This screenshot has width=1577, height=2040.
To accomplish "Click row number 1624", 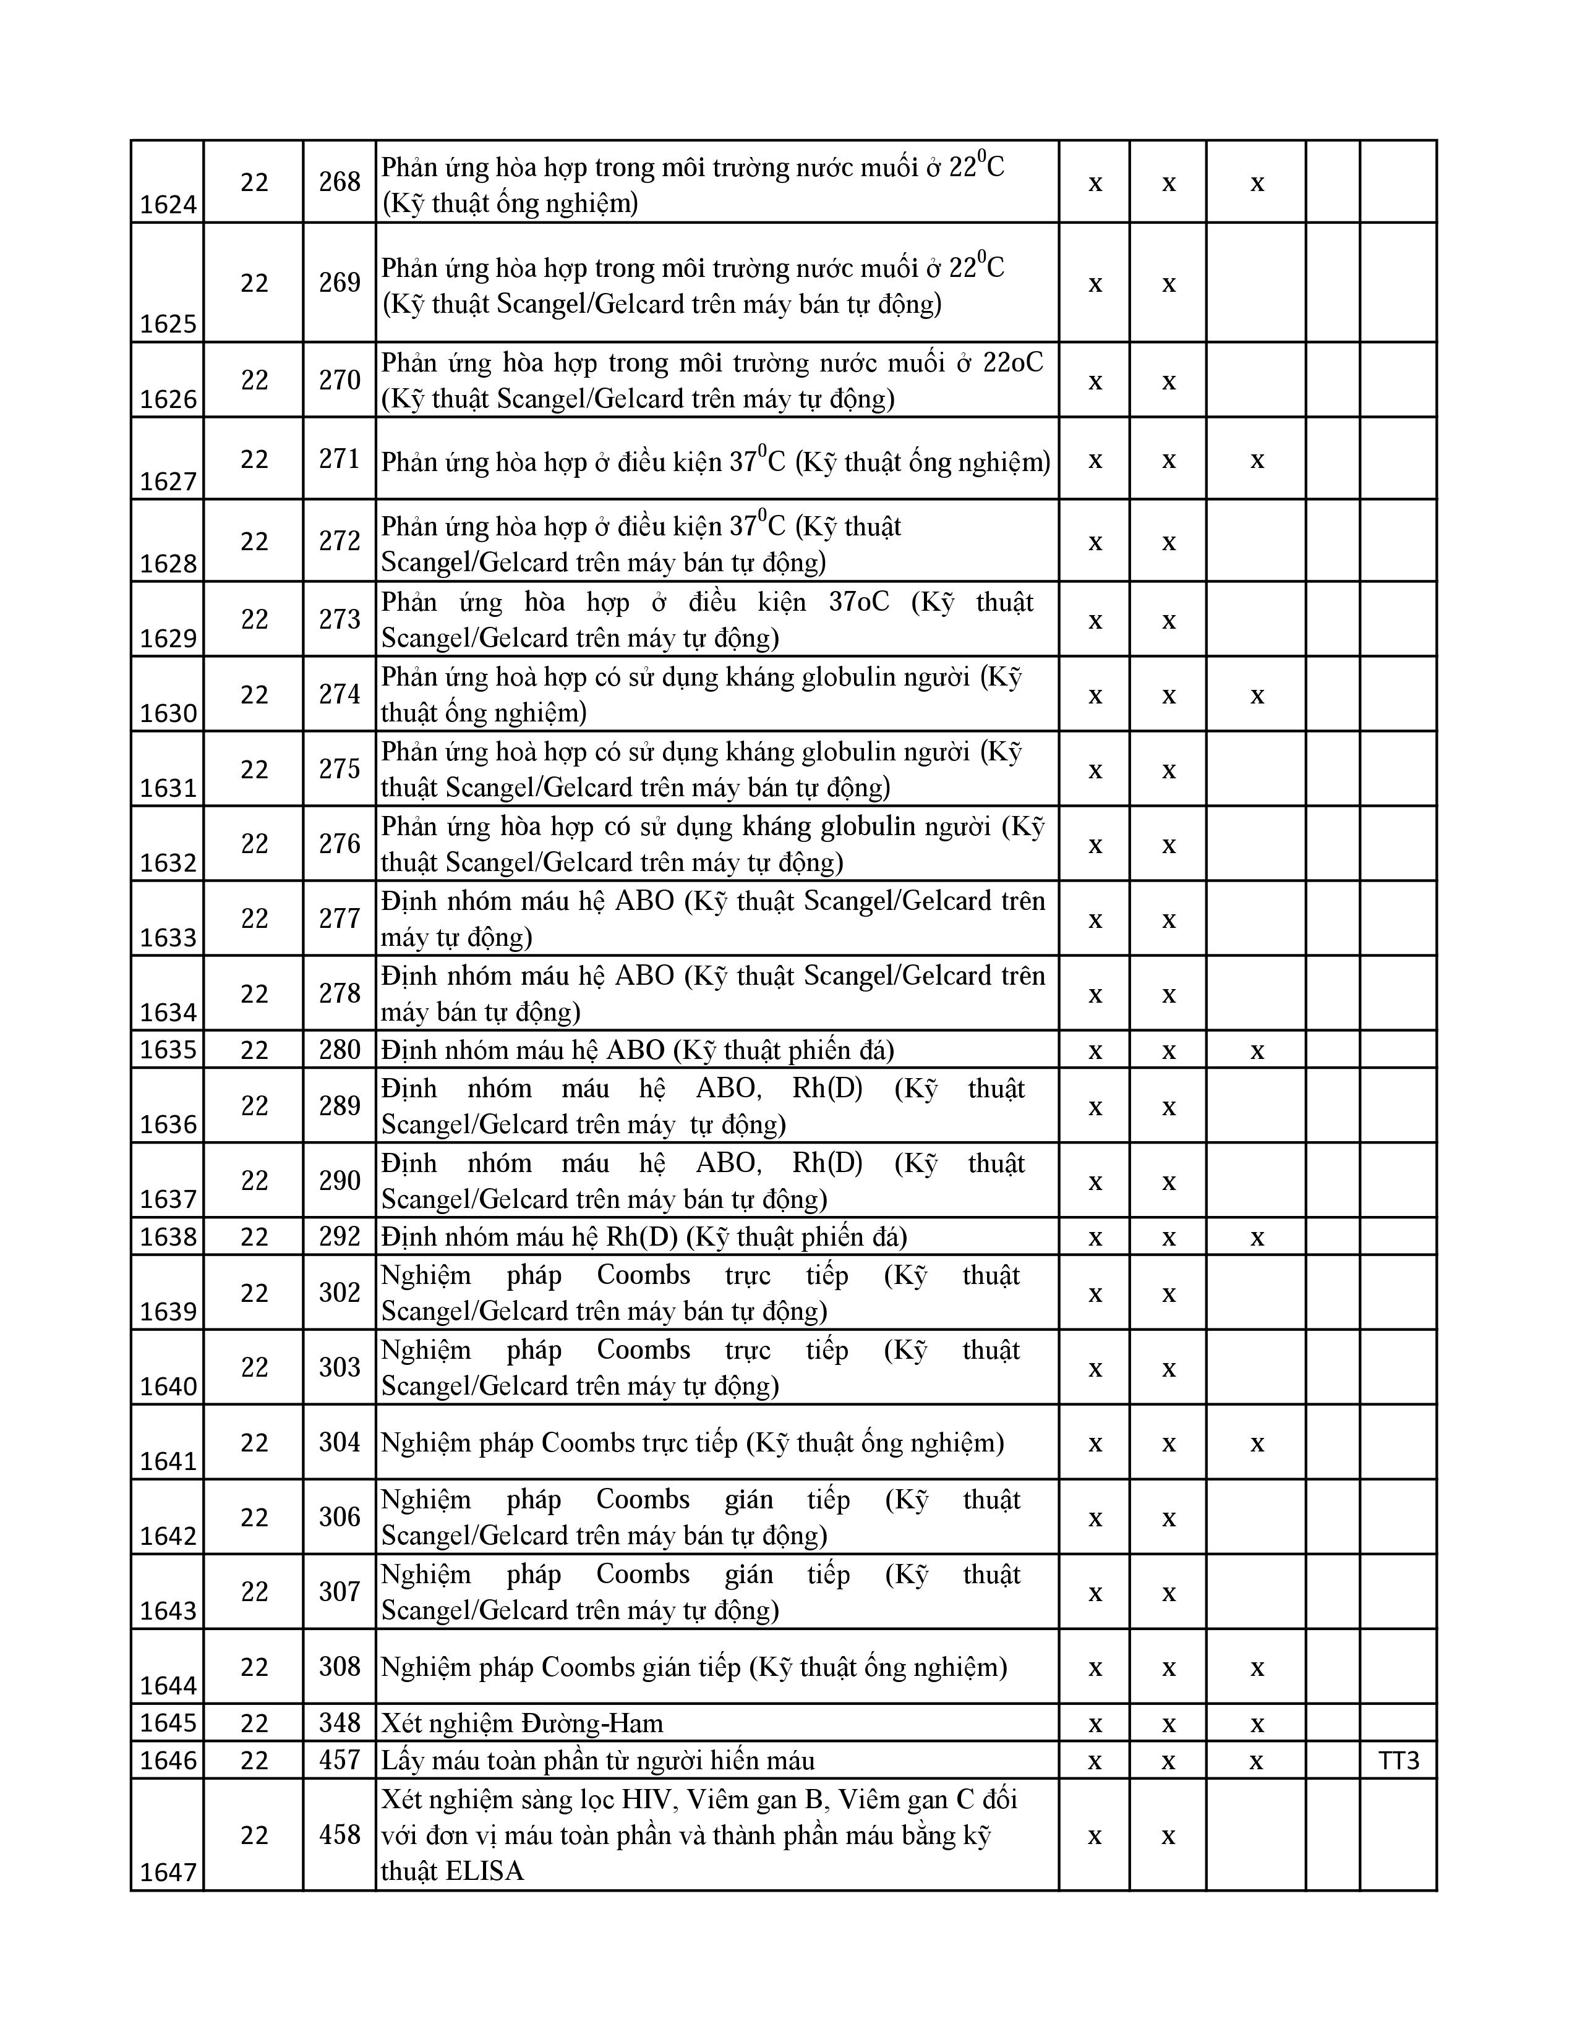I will pos(168,205).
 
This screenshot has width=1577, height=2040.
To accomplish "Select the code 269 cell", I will pos(339,282).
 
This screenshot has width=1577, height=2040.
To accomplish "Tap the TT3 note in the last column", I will pos(1398,1761).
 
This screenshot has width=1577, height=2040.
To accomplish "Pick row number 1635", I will pos(168,1050).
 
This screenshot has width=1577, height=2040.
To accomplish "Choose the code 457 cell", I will pos(339,1761).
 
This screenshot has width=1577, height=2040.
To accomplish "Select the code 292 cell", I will pos(339,1237).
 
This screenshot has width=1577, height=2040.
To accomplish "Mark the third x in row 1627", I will pos(1257,459).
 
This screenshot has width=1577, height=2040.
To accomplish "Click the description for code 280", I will pos(637,1050).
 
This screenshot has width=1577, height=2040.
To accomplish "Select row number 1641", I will pos(168,1461).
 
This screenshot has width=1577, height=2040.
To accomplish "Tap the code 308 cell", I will pos(339,1667).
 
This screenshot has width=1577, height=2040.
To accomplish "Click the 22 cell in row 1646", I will pos(254,1761).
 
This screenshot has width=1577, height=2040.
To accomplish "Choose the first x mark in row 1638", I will pos(1095,1238).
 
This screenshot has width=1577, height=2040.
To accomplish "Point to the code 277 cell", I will pos(339,918).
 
